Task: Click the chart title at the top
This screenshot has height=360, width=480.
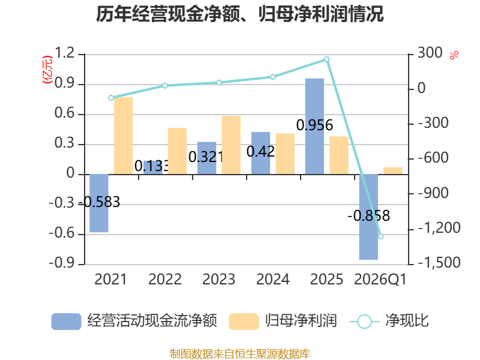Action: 239,14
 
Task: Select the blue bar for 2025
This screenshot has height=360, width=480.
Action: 314,127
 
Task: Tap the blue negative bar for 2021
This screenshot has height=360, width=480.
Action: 98,203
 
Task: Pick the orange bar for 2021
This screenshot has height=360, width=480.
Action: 123,136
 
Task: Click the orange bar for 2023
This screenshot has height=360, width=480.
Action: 231,145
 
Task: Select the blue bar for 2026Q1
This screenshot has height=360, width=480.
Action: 368,217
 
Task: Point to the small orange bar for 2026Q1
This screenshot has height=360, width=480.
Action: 393,171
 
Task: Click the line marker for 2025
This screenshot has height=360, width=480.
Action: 326,59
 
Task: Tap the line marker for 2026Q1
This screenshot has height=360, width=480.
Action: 381,236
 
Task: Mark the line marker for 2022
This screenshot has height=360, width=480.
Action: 165,86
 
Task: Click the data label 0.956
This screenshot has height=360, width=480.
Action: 314,125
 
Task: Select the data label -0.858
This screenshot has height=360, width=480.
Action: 368,216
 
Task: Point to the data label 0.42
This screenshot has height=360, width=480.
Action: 260,152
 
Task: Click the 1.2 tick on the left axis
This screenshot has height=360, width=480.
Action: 65,53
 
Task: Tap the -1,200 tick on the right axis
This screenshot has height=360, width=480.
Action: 439,228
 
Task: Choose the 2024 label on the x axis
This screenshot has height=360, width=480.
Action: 273,279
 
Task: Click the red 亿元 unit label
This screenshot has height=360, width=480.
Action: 47,70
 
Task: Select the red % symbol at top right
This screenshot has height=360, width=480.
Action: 454,55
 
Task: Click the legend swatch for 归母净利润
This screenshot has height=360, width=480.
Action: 244,321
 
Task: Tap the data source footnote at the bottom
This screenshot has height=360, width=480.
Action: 240,353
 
